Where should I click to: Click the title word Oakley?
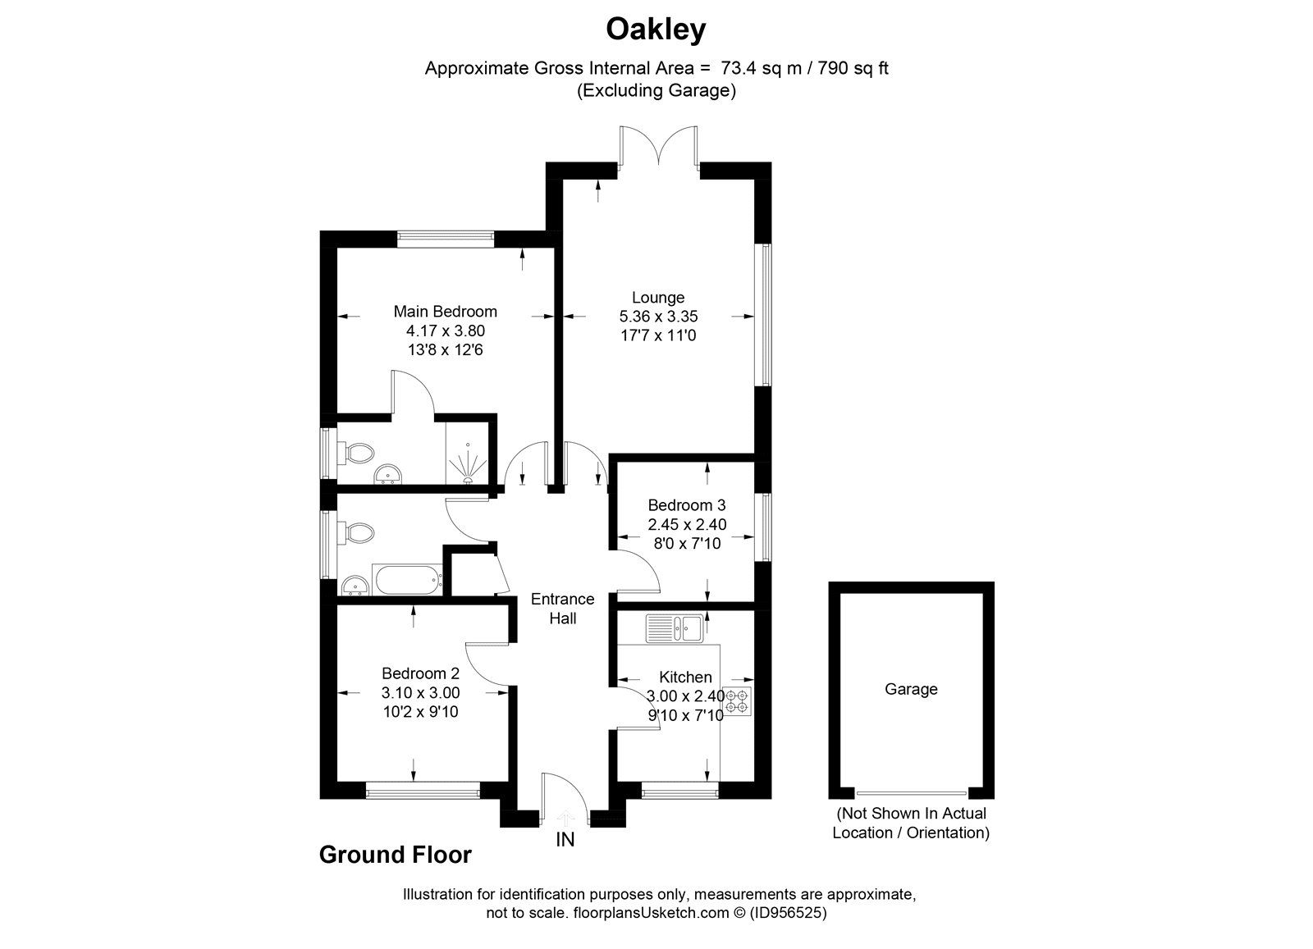tap(656, 30)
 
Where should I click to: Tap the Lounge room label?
tap(657, 297)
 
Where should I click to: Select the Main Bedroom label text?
tap(445, 311)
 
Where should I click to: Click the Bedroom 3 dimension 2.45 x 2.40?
tap(687, 524)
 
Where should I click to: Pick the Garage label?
tap(911, 689)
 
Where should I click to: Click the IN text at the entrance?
tap(565, 839)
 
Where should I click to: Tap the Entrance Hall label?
tap(562, 609)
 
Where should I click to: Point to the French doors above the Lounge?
tap(659, 148)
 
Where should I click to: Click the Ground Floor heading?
tap(395, 855)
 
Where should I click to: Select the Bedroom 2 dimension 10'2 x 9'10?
tap(420, 711)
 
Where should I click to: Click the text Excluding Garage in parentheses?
tap(656, 90)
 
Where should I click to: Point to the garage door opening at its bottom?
tap(911, 792)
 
